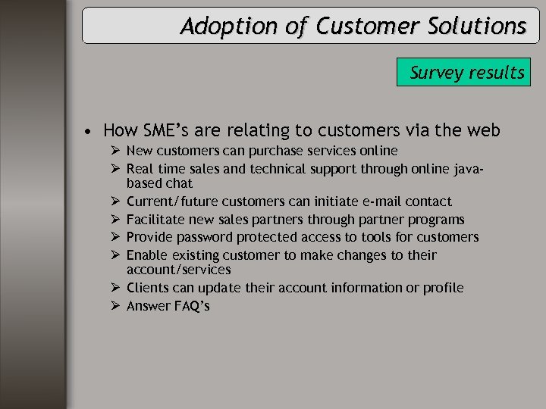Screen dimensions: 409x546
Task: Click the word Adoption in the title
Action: click(x=217, y=27)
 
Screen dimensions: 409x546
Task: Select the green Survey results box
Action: click(x=463, y=73)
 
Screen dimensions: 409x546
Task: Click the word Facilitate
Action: click(x=154, y=220)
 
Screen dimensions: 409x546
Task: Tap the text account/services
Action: click(x=178, y=270)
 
